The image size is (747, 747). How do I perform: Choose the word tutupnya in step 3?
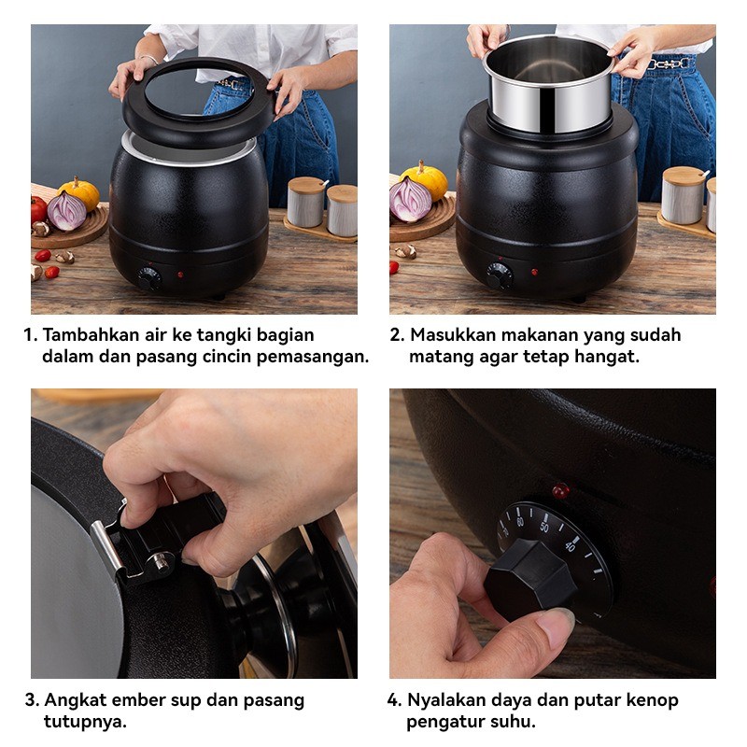pos(85,722)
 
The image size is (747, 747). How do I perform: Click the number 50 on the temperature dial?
pos(544,527)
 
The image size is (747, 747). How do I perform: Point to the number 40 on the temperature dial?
pos(570,546)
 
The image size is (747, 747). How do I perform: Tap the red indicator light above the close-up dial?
pos(561,491)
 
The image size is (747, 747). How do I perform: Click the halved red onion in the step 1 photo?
pos(66,211)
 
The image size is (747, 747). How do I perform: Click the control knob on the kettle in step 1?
pos(149,278)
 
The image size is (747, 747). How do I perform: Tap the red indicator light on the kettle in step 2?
pos(534,272)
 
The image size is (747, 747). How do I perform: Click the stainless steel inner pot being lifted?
pos(548,83)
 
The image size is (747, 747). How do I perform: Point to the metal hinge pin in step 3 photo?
pos(162,561)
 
